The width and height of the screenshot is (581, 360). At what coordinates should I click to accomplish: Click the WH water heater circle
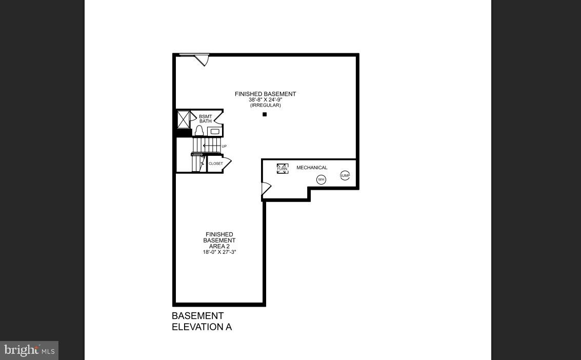pos(321,179)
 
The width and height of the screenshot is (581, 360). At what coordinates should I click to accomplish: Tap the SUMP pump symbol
pos(345,175)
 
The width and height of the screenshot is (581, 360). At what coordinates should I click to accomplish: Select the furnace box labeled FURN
pos(283,169)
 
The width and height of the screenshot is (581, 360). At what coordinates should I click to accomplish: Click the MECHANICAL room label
pos(312,168)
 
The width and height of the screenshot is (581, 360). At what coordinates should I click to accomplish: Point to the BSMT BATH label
pos(205,119)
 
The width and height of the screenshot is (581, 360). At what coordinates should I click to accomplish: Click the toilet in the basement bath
pos(198,131)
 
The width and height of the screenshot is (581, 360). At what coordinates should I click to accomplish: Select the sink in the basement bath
pos(215,132)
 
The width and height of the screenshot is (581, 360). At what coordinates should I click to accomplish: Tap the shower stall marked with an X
pos(184,119)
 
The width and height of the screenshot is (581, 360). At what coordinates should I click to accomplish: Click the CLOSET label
pos(216,164)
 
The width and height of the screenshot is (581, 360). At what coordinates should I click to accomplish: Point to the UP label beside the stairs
pos(224,147)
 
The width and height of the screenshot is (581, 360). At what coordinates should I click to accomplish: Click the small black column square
pos(265,114)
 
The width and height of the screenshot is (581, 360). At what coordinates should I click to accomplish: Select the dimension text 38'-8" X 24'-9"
pos(265,99)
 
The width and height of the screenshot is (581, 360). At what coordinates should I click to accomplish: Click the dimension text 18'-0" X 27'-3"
pos(219,252)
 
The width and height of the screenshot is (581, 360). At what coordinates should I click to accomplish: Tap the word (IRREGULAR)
pos(265,105)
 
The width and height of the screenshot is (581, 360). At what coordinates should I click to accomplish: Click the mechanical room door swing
pos(266,189)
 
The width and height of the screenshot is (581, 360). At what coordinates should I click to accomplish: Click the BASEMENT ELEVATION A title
pos(202,322)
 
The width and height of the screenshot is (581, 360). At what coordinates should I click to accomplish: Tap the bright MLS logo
pos(29,351)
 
